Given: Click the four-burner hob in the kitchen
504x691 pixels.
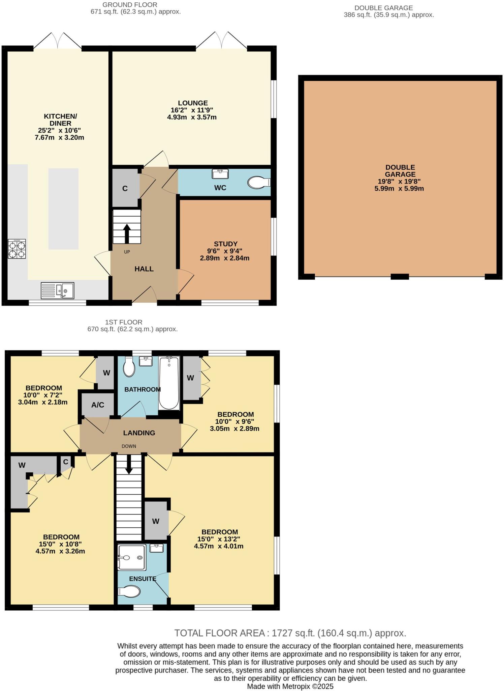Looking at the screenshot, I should (x=17, y=249).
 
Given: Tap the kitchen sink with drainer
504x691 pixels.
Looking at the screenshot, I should (x=58, y=291).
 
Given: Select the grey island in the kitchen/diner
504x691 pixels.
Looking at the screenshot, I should (x=63, y=209).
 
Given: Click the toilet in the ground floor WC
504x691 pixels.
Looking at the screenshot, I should (x=258, y=183).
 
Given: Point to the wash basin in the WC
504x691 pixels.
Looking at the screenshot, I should (x=220, y=174).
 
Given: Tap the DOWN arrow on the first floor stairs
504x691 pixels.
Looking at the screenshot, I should (x=129, y=466).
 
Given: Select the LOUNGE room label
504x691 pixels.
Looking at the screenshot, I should (x=193, y=103).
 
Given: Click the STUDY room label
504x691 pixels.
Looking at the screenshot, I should (x=225, y=244).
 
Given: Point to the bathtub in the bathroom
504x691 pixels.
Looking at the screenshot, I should (x=169, y=383).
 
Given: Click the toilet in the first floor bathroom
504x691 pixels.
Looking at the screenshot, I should (x=129, y=367).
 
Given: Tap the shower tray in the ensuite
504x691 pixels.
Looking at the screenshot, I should (x=132, y=557).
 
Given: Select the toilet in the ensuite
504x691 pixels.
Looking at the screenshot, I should (x=129, y=591).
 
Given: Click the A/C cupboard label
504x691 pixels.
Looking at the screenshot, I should (x=98, y=405).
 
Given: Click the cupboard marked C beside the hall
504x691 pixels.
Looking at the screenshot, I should (x=125, y=188).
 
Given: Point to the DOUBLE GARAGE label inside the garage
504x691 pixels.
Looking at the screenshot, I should (x=400, y=171).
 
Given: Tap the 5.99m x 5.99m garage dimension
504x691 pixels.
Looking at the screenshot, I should (x=399, y=189).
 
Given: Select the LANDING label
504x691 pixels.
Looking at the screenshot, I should (x=139, y=433).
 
